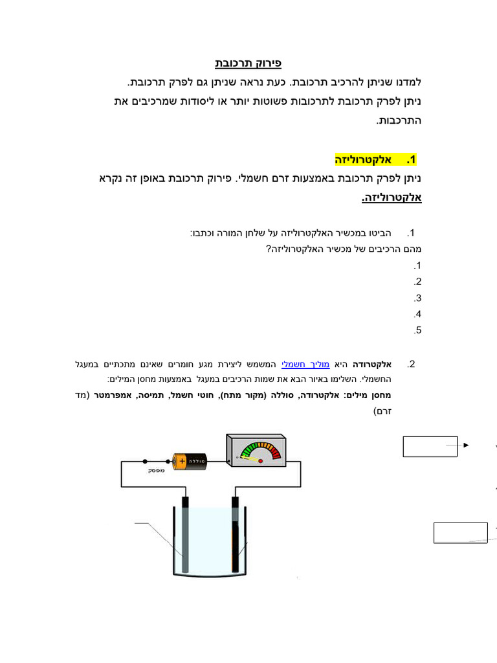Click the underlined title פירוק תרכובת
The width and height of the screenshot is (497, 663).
point(248,64)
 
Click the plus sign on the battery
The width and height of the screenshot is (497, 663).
point(182,461)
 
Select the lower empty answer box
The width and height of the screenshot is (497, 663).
point(460,533)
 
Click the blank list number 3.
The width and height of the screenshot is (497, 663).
point(417,298)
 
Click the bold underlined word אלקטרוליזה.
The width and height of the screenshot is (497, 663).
point(392,197)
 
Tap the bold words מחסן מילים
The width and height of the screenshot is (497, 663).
point(373,394)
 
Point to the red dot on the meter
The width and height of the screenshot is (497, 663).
point(260,461)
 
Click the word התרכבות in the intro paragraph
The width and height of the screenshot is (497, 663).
point(399,121)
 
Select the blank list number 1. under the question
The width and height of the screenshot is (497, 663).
point(417,266)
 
